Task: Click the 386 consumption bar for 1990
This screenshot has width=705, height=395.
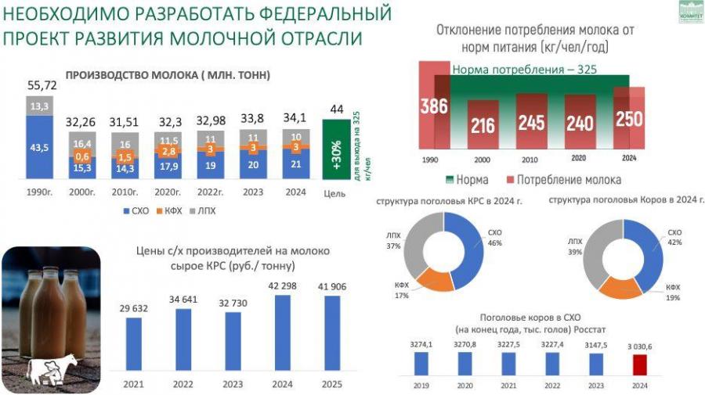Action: [433, 108]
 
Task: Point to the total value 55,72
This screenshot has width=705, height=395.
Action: [42, 84]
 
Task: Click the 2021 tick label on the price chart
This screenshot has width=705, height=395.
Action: [135, 384]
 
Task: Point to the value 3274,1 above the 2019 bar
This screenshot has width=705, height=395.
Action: [421, 342]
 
